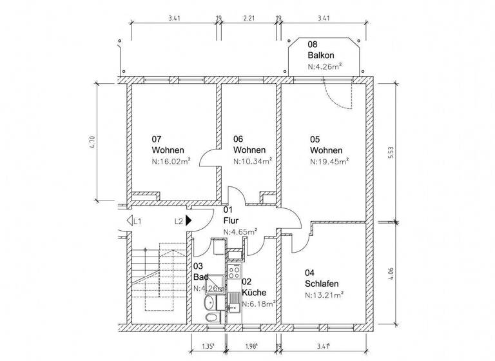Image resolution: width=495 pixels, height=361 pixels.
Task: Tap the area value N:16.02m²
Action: pyautogui.click(x=171, y=162)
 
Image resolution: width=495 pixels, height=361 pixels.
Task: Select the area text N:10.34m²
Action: pyautogui.click(x=252, y=162)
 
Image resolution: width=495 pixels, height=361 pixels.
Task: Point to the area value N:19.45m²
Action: pyautogui.click(x=329, y=162)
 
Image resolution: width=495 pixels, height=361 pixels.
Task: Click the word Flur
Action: pyautogui.click(x=230, y=220)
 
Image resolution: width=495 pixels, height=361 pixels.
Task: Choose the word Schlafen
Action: pyautogui.click(x=322, y=284)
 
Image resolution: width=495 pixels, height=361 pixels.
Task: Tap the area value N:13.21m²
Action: pyautogui.click(x=324, y=295)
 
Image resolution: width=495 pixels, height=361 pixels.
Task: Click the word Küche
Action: pyautogui.click(x=253, y=292)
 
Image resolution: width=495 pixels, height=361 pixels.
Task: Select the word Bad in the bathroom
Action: pyautogui.click(x=200, y=277)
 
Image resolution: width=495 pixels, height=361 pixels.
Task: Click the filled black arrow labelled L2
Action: pyautogui.click(x=189, y=220)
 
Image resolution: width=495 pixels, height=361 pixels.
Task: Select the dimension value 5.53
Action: pyautogui.click(x=391, y=152)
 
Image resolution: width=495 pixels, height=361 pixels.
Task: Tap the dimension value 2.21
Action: pyautogui.click(x=249, y=19)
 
